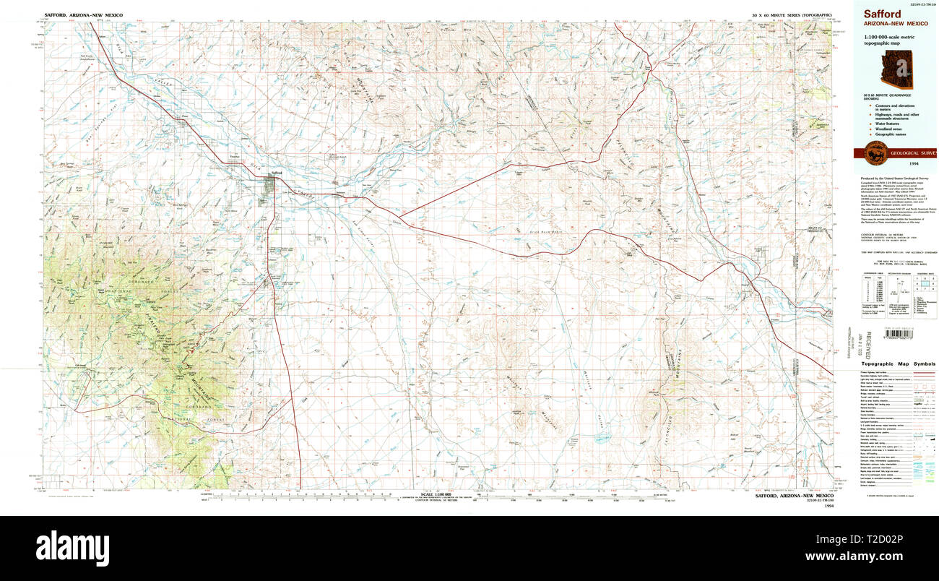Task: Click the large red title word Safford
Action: coord(876,14)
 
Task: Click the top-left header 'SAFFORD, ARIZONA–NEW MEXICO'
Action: coord(83,15)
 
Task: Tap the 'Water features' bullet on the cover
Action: coord(883,123)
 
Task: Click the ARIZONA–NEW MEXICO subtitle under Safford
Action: coord(890,24)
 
